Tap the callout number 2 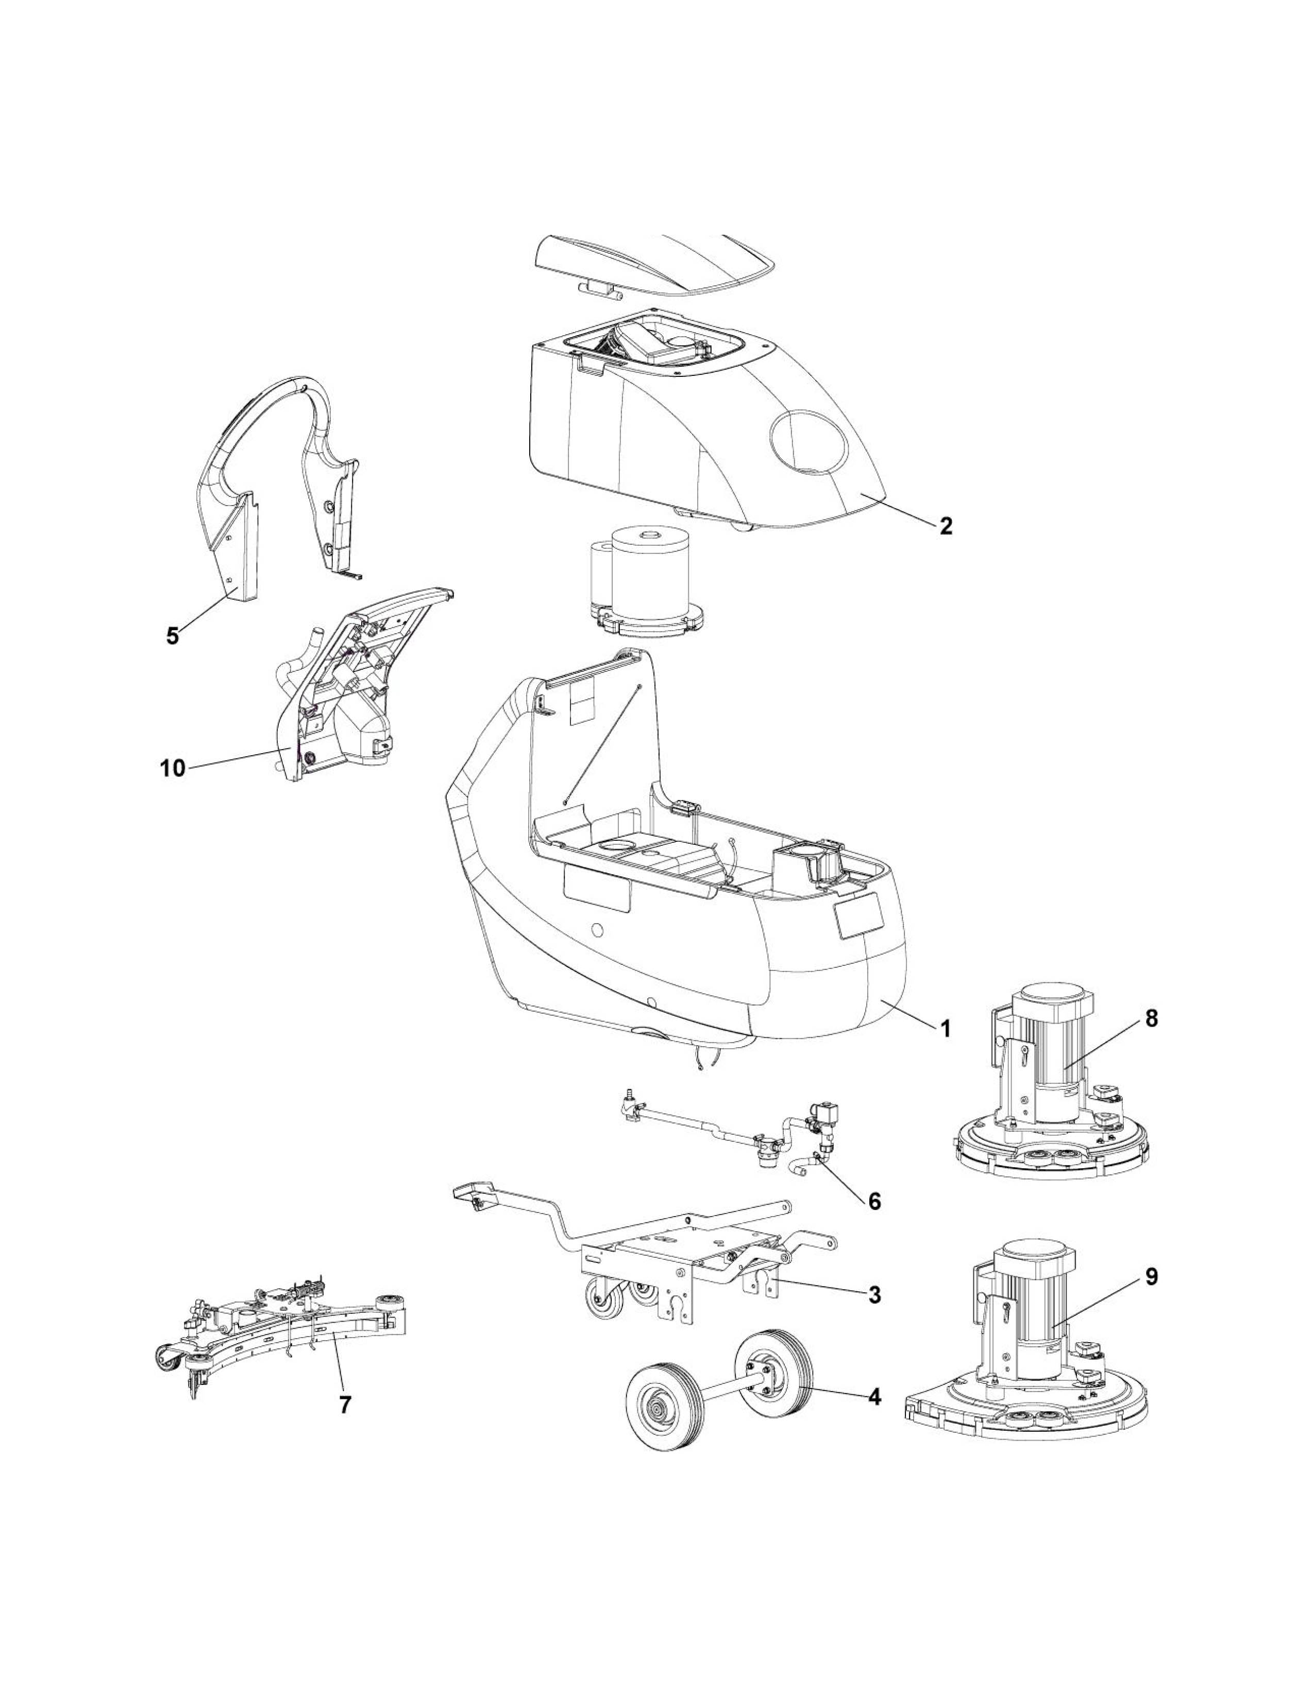pyautogui.click(x=946, y=526)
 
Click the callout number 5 pyautogui.click(x=172, y=635)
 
